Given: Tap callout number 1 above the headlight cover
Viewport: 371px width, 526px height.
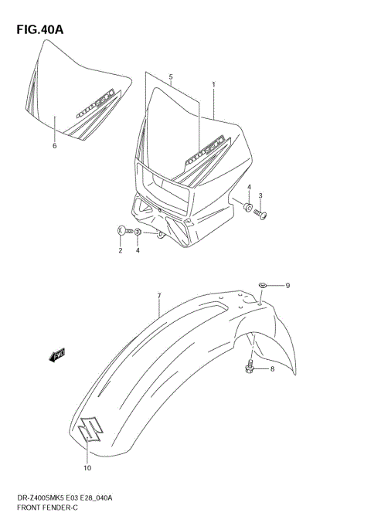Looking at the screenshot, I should click(213, 84).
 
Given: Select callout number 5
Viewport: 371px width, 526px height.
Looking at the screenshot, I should click(171, 77).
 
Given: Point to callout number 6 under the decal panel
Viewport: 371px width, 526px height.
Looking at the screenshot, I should click(54, 145).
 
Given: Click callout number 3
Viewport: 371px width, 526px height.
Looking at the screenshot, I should click(260, 195).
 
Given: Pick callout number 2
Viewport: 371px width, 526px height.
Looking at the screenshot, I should click(121, 250).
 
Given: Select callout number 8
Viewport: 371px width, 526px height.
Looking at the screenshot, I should click(272, 369).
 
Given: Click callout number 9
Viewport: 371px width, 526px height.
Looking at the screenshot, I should click(287, 286).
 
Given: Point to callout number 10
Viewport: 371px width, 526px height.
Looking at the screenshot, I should click(87, 467).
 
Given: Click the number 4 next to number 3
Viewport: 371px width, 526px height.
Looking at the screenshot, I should click(249, 188).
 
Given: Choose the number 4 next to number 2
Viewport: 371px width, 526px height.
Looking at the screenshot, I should click(138, 250).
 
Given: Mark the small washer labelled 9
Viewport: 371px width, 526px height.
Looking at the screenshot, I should click(264, 285).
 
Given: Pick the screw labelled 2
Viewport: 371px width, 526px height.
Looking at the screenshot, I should click(124, 229).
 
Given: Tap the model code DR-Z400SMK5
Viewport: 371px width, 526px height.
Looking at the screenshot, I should click(43, 503).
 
